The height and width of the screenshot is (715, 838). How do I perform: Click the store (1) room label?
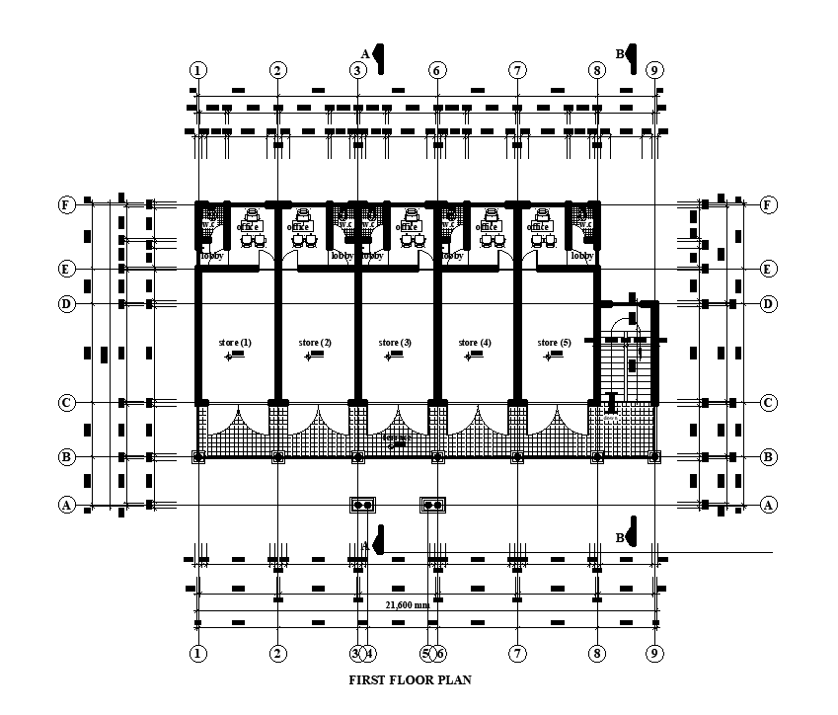(235, 343)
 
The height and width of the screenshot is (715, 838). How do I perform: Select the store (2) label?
(315, 343)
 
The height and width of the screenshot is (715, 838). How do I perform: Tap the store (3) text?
(395, 343)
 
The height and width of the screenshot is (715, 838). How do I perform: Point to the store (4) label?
(475, 343)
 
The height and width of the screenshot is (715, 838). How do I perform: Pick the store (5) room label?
(554, 343)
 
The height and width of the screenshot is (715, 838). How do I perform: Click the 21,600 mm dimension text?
(406, 605)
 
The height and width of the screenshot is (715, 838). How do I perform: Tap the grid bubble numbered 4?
(369, 653)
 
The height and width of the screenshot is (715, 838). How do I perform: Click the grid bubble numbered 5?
(426, 653)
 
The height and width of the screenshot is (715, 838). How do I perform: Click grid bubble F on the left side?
(66, 204)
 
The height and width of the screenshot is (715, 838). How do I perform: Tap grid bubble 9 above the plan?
(653, 70)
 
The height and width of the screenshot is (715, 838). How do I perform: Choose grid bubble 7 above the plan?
(517, 70)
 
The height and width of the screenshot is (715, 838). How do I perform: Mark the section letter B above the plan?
(621, 54)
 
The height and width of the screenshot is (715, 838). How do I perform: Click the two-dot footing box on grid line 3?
(361, 504)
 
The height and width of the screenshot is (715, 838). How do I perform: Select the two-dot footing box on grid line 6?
(432, 504)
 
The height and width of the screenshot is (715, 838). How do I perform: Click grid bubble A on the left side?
(66, 505)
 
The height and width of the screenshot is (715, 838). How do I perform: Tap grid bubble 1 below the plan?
(198, 653)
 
